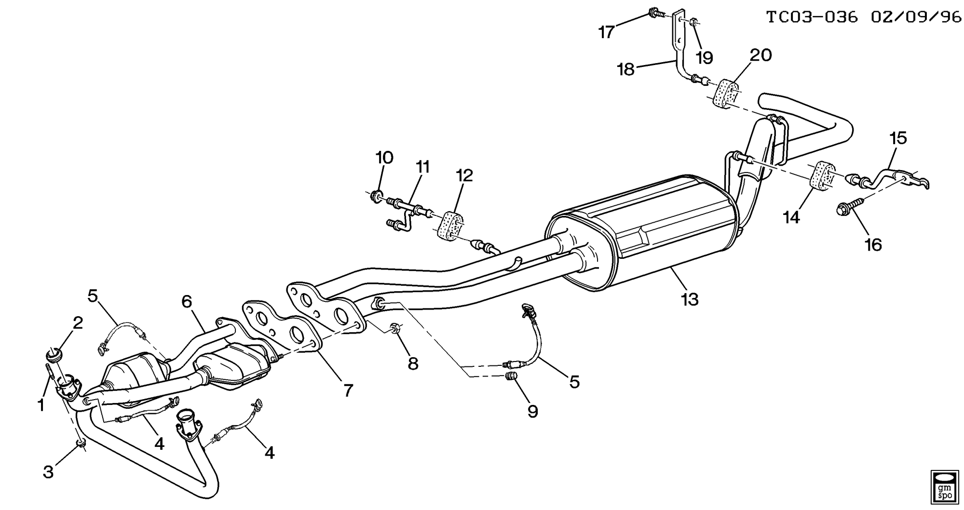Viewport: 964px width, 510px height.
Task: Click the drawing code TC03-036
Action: [x=812, y=17]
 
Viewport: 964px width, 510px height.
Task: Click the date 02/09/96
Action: [x=916, y=17]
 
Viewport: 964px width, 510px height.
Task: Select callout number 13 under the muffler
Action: [x=690, y=299]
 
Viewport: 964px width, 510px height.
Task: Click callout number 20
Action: [x=760, y=55]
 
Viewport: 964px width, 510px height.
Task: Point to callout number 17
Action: [x=606, y=32]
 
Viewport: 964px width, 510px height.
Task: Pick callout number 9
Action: [x=532, y=411]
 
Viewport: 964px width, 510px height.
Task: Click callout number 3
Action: [x=48, y=472]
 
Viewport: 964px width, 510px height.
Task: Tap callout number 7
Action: [x=348, y=389]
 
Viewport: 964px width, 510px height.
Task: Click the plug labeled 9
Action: [x=511, y=376]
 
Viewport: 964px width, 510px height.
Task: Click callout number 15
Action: [x=898, y=138]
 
